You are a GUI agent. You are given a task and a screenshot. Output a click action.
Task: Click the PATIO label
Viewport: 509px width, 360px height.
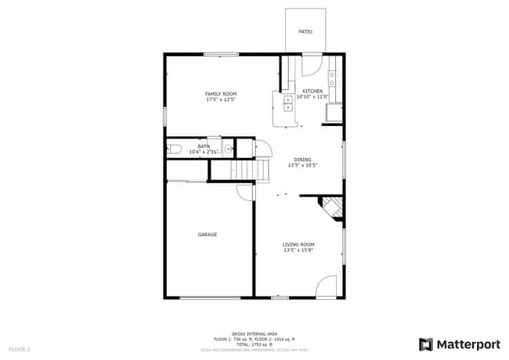(305, 32)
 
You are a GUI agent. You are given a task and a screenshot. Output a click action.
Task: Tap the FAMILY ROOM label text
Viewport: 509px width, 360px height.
(221, 94)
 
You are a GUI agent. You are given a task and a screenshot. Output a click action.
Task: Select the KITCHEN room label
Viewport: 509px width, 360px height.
(312, 91)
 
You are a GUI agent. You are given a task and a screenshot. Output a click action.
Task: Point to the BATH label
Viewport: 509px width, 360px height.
(204, 146)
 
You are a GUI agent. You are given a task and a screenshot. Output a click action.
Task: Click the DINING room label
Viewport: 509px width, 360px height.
(301, 160)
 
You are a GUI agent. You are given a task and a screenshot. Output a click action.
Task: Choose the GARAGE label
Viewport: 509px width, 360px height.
(207, 235)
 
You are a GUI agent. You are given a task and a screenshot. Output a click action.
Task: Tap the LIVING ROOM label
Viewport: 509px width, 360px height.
(298, 244)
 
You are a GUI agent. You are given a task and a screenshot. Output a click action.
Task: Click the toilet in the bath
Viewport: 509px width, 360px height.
(175, 148)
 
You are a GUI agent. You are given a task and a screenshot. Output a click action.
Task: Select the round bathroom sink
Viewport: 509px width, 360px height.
(228, 148)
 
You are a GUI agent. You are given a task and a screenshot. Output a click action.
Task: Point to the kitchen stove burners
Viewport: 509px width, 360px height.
(332, 77)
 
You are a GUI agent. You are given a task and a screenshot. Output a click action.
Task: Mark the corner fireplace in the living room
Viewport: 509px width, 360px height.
(332, 208)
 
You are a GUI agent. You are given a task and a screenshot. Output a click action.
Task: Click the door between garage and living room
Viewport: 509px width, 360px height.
(246, 192)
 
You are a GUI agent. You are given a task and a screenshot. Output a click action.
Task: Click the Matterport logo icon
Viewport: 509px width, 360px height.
(426, 344)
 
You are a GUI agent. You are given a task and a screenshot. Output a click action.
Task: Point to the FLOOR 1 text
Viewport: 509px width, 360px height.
(19, 349)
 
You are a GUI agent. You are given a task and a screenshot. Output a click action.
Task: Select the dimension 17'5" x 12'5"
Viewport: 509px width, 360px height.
(221, 100)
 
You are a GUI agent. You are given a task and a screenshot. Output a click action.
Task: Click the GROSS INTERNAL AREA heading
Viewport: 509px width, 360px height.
(254, 333)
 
